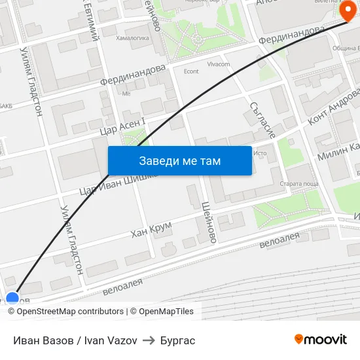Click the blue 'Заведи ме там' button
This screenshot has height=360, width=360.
coord(179,160)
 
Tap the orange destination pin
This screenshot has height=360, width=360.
coord(348,12)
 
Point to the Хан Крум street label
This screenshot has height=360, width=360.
coord(151,230)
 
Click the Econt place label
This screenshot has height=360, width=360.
coord(191,72)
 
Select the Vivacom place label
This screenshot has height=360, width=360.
coord(219,65)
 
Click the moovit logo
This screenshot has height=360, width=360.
coord(321,339)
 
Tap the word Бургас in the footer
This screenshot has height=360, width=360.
coord(177,340)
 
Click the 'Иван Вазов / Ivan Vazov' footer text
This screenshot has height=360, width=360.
coord(75,340)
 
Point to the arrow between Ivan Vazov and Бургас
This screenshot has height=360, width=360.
coord(149,340)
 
